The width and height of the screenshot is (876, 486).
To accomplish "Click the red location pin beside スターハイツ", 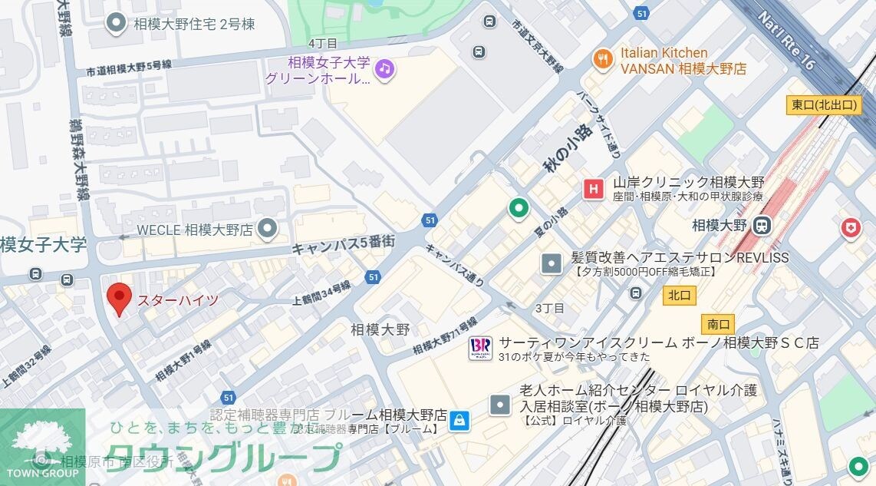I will pos(118,298).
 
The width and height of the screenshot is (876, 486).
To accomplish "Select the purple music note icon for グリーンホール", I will pos(385,69).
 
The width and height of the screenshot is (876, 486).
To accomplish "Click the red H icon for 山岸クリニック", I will pos(592,189).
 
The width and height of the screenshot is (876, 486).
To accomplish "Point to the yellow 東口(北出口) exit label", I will pos(823,105).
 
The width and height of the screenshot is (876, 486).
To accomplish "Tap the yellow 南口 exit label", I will pos(718,323).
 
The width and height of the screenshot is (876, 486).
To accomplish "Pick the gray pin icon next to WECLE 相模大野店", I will pos(267,228).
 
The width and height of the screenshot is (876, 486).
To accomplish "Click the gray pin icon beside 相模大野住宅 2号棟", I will pos(116,23).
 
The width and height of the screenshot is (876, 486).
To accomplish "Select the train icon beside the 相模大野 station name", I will pos(762,226).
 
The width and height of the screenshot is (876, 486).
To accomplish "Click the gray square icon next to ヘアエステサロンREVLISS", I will pos(552,264).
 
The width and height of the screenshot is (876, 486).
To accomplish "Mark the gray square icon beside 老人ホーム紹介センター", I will pos(500,403).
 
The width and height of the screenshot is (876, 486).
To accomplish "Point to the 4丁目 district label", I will pos(322,42).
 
